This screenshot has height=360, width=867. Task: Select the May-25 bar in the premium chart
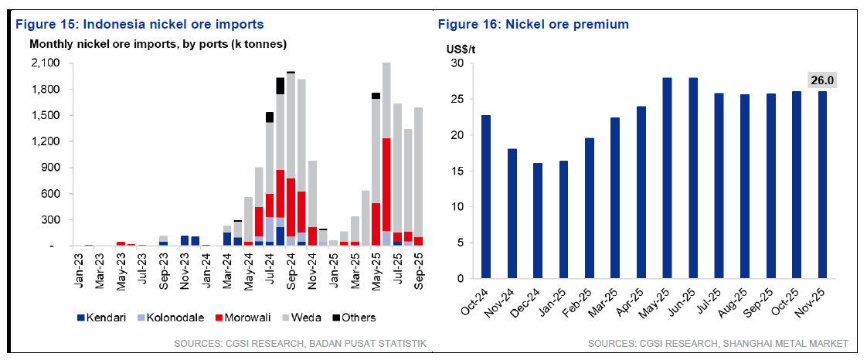(x=668, y=178)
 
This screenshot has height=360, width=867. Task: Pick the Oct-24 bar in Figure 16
(x=485, y=197)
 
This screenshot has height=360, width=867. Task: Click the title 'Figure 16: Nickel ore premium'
(x=533, y=25)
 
